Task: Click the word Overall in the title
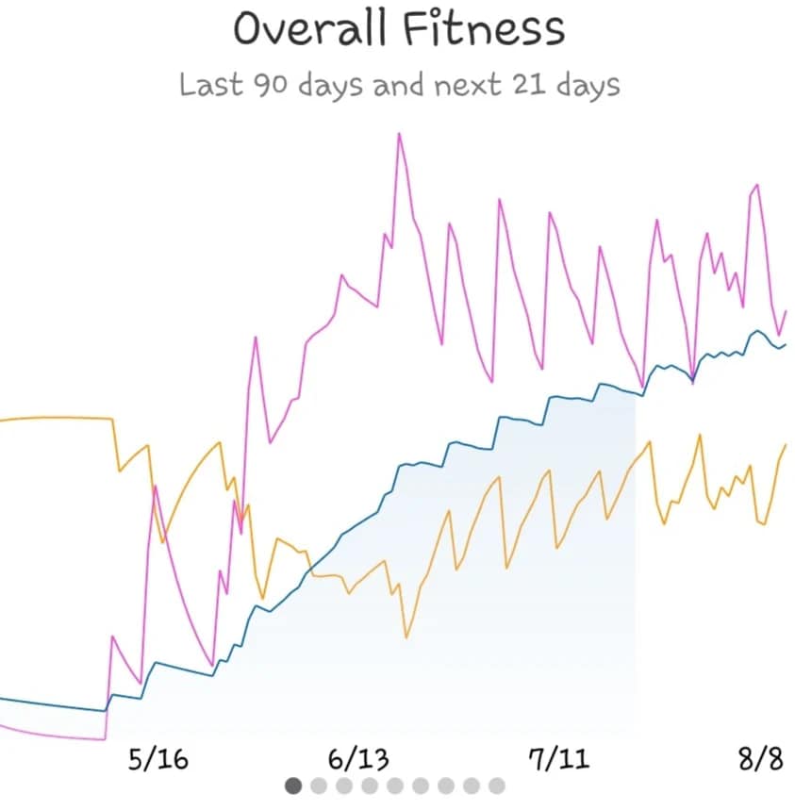click(x=309, y=28)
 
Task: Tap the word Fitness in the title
click(x=484, y=28)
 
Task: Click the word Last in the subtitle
click(x=211, y=86)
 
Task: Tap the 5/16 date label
click(x=158, y=759)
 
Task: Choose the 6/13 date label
click(x=357, y=759)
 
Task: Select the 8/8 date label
click(x=761, y=759)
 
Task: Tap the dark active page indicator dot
click(x=293, y=785)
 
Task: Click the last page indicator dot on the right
click(x=497, y=785)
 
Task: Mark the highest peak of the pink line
click(x=400, y=134)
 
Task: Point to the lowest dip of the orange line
click(x=406, y=637)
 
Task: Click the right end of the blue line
click(x=786, y=344)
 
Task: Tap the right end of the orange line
click(x=786, y=445)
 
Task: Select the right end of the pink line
click(x=786, y=310)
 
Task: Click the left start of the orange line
click(x=2, y=419)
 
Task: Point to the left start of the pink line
click(x=2, y=727)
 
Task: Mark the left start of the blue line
click(x=2, y=699)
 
